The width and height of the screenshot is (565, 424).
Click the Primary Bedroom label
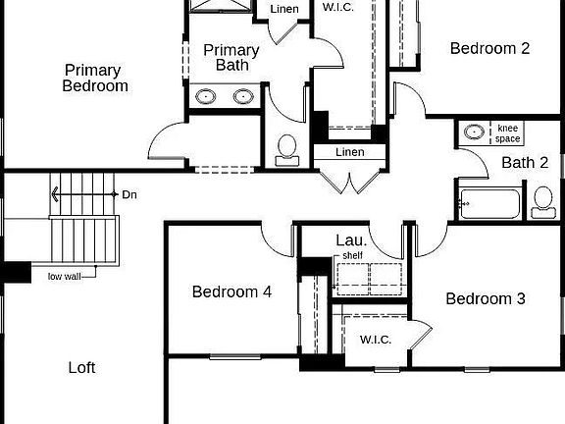94,78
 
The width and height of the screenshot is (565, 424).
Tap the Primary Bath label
231,58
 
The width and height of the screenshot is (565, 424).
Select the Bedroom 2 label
489,47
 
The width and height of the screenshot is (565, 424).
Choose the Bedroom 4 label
231,291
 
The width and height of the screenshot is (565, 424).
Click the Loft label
81,368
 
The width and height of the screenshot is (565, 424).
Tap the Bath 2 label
525,163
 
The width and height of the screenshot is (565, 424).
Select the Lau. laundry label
351,239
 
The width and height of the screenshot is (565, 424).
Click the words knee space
507,133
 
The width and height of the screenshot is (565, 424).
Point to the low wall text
66,276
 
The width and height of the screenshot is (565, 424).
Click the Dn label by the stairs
129,194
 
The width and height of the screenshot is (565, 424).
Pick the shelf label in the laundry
352,255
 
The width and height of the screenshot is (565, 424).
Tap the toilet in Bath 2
542,201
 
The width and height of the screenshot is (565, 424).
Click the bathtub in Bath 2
488,204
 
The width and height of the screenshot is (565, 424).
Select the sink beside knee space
473,132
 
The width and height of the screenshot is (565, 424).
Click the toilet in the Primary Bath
288,147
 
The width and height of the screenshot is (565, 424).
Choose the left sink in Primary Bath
207,96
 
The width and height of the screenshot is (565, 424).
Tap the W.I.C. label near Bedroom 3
376,340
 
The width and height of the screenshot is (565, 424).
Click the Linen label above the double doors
349,152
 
